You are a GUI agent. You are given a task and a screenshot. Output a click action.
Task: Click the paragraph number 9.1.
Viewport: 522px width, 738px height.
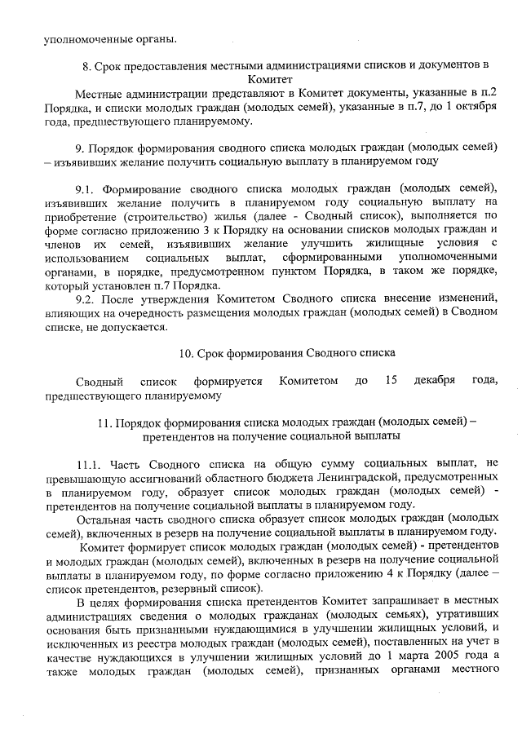86,188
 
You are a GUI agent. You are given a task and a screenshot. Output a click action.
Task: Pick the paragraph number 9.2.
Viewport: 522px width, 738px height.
86,298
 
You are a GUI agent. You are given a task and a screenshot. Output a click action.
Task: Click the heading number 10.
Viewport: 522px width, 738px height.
184,353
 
